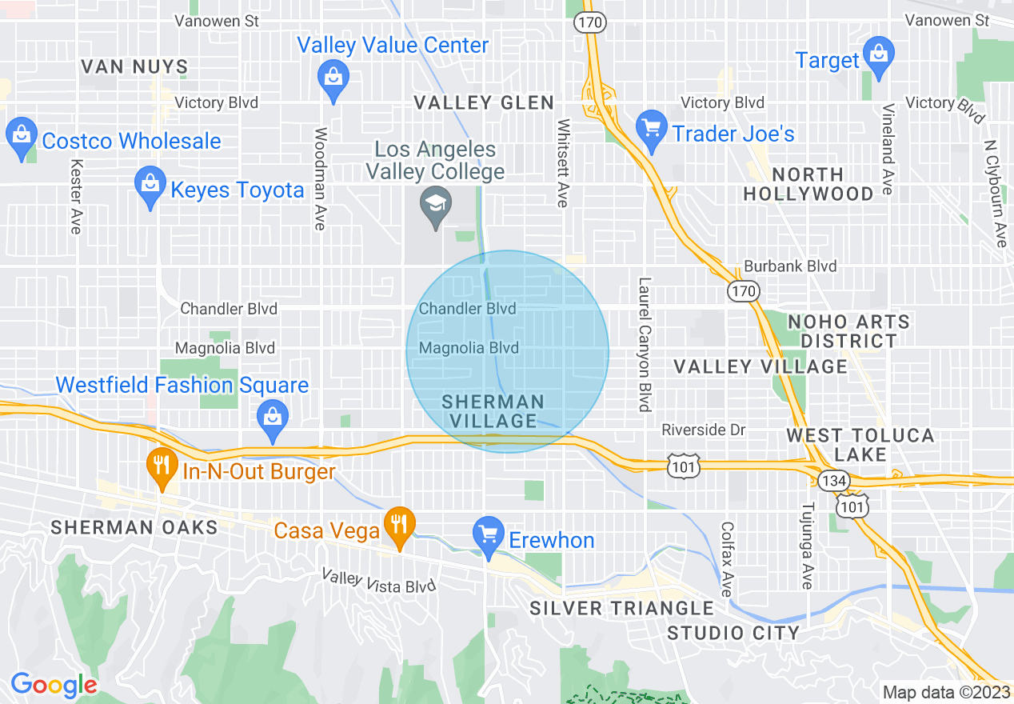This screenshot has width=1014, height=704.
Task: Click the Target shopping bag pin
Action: point(878,57)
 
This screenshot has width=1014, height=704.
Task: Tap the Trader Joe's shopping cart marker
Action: point(652,130)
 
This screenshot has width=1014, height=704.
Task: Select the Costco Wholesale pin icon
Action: point(22,138)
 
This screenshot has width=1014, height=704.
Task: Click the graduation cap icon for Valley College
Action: point(436,206)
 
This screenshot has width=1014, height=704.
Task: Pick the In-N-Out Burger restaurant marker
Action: point(162,467)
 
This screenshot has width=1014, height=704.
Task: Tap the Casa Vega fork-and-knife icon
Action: point(397,526)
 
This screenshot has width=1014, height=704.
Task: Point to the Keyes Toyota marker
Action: point(150,186)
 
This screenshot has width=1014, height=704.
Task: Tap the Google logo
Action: point(54,685)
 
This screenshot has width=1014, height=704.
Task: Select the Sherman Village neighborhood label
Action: point(493,411)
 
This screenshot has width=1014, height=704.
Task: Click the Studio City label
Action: point(733,633)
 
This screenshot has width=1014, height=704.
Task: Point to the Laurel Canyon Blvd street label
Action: point(644,345)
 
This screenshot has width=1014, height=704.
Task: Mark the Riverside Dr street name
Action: point(703,430)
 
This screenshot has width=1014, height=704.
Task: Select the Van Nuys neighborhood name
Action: point(134,66)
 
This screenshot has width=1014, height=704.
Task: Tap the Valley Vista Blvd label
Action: point(378,581)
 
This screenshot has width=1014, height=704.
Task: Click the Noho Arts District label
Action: point(848,331)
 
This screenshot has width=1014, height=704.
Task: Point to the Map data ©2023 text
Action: point(945,692)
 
